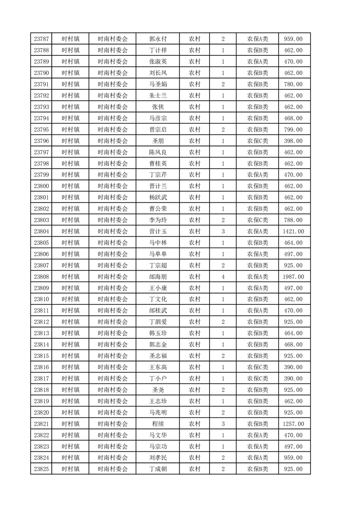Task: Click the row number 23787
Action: click(x=41, y=39)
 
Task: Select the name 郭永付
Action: click(x=158, y=39)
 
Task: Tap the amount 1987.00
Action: click(x=294, y=277)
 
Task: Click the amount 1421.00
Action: click(x=294, y=231)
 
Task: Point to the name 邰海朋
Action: click(x=158, y=277)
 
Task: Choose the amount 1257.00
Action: click(x=294, y=424)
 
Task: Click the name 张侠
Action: click(x=158, y=107)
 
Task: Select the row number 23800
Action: click(x=41, y=186)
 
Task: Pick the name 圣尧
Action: click(x=158, y=390)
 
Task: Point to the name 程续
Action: click(x=158, y=424)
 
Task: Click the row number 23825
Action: click(x=41, y=469)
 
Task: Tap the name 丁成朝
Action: click(x=158, y=469)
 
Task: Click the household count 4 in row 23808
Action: click(x=223, y=277)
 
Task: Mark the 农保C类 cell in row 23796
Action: click(x=257, y=141)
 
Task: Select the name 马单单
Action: click(x=158, y=254)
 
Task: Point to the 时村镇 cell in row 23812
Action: click(x=70, y=322)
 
